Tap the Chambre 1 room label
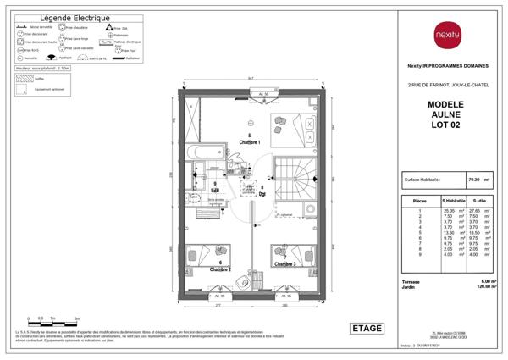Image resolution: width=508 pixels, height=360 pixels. click(249, 141)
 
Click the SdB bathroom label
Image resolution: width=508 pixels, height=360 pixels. click(215, 189)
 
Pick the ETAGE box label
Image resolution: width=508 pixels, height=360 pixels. click(367, 329)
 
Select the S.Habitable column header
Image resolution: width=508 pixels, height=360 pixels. click(453, 200)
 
